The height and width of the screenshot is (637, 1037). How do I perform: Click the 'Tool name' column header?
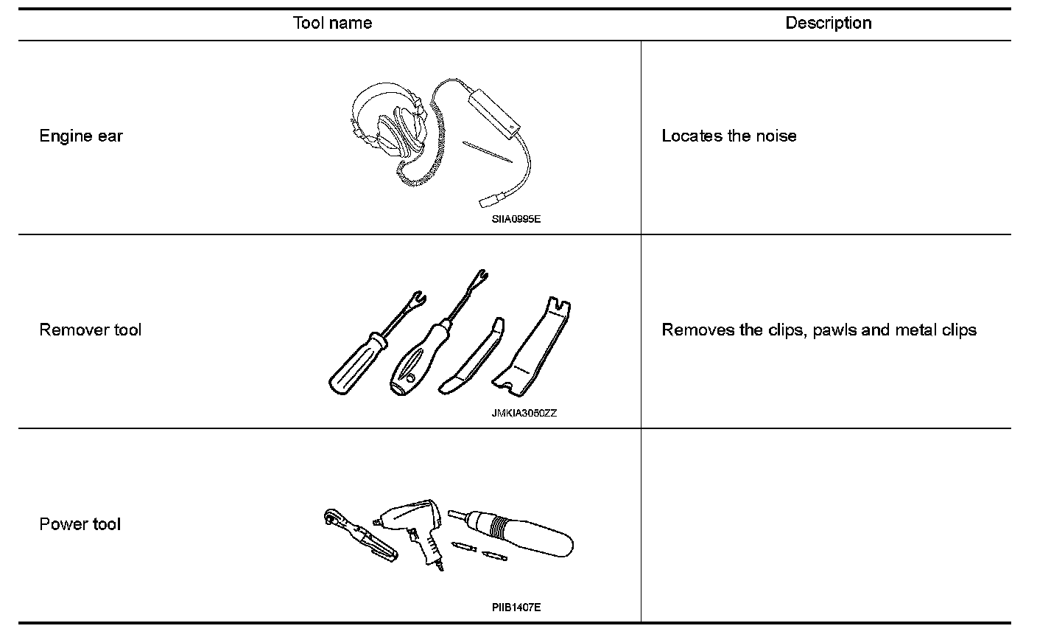332,23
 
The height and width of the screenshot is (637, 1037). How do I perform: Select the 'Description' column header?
828,23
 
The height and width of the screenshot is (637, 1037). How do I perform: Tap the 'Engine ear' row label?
81,136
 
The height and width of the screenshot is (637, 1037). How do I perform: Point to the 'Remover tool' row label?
90,330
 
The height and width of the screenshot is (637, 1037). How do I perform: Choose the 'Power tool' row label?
80,524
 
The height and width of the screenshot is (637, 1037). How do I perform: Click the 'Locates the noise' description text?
728,136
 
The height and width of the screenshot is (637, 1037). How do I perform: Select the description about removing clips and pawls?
818,330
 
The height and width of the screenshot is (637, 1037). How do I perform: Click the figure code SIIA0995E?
516,219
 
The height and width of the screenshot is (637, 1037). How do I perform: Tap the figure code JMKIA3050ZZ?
524,413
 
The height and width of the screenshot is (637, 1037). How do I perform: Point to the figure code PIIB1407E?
516,608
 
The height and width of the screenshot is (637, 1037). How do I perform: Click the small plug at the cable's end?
490,201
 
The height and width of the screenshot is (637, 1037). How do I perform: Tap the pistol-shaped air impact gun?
412,526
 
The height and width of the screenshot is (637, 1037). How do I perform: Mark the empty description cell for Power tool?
826,524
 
